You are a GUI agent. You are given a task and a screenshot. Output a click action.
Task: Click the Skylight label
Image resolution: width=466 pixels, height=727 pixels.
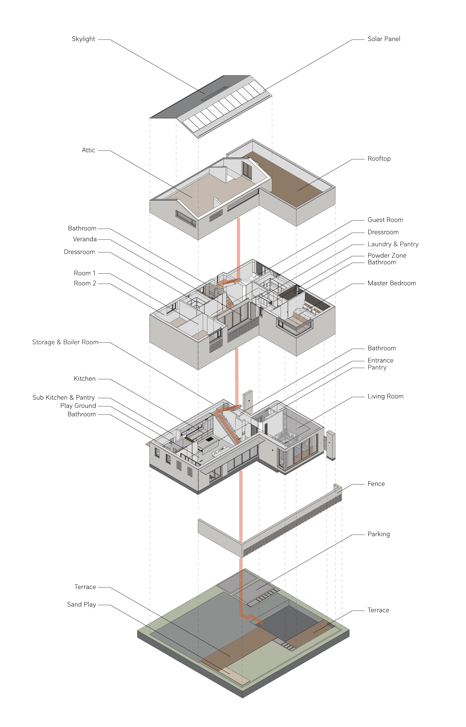click(x=84, y=39)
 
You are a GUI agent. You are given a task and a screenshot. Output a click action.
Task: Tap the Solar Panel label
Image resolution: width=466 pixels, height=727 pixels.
click(x=384, y=39)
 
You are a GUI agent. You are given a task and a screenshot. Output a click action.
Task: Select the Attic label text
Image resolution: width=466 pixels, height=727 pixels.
click(x=88, y=150)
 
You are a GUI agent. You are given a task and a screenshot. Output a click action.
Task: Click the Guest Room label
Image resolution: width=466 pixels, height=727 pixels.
click(x=385, y=220)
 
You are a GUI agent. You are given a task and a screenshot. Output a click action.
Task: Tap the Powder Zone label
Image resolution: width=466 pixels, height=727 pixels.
click(x=387, y=255)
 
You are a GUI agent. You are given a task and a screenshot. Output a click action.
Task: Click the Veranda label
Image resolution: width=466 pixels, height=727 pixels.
click(x=85, y=239)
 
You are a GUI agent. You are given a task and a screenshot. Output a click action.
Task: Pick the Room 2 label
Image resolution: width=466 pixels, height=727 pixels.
click(x=85, y=283)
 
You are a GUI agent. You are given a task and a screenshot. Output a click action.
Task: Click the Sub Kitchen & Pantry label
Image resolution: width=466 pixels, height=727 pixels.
click(x=64, y=397)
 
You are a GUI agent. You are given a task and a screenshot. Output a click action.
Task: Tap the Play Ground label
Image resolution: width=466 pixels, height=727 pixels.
click(x=78, y=406)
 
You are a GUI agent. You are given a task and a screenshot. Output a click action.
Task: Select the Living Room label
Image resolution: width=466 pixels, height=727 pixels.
click(x=386, y=396)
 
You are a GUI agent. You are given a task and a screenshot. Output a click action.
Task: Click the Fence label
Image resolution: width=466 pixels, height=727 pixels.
click(x=376, y=484)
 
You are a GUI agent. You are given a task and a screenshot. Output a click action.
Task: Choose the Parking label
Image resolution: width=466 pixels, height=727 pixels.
click(x=379, y=534)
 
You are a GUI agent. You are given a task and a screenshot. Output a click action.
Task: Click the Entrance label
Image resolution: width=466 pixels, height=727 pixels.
click(x=380, y=360)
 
